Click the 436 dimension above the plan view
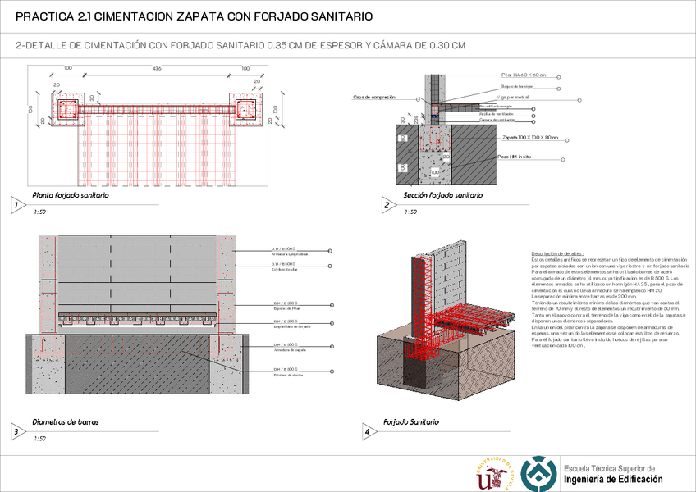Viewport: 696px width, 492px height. click(x=156, y=67)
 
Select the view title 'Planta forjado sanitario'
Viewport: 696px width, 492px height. click(x=70, y=196)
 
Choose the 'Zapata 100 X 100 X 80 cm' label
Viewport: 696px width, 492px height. click(x=530, y=138)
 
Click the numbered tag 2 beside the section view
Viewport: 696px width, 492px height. click(x=387, y=206)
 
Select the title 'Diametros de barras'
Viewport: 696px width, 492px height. click(x=66, y=422)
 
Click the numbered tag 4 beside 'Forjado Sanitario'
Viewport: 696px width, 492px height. click(x=367, y=431)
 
